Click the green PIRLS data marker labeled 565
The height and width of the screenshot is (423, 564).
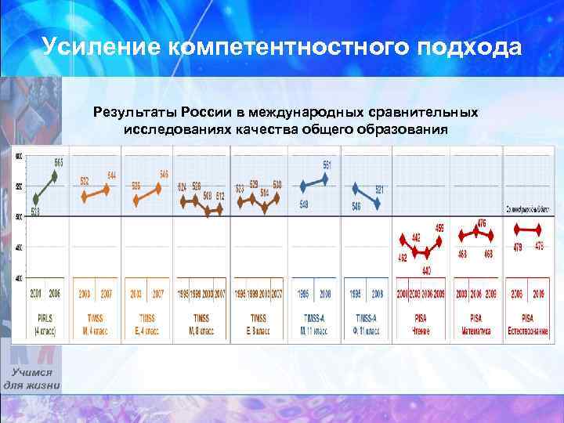[x=54, y=175]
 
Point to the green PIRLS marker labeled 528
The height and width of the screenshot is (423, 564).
[x=36, y=199]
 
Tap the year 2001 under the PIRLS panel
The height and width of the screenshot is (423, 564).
[x=35, y=295]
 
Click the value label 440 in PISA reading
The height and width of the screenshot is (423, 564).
[x=427, y=271]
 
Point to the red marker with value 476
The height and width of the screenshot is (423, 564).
[x=476, y=232]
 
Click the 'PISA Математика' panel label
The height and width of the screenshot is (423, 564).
[x=475, y=324]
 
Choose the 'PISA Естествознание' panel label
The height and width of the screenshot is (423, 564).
[x=526, y=324]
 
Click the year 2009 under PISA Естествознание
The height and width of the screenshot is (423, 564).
[x=540, y=295]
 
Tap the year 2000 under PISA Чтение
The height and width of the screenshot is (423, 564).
[x=403, y=295]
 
